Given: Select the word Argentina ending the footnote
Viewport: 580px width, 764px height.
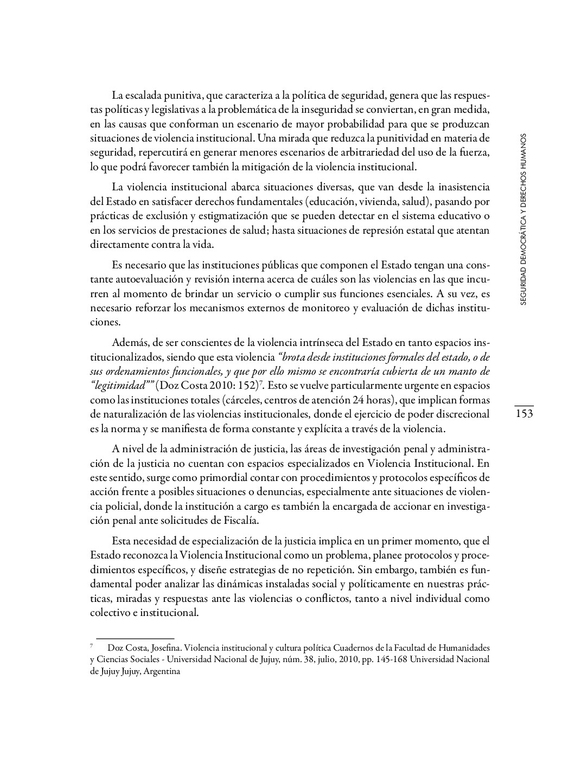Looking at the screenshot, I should point(162,671).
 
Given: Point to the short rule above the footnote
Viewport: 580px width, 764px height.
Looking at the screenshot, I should point(135,639).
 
